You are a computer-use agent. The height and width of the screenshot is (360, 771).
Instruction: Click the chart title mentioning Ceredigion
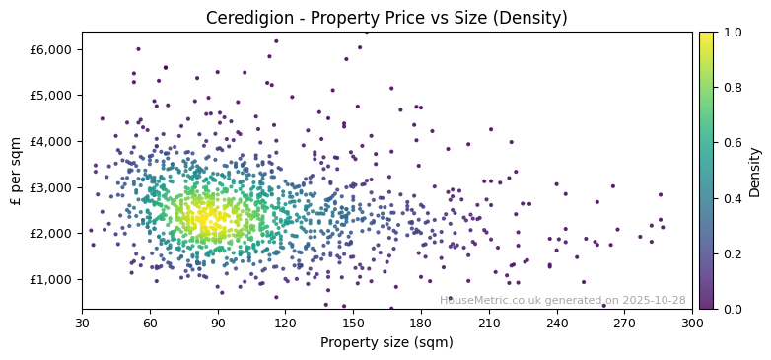386,18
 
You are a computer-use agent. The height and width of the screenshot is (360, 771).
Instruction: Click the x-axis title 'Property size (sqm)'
386,343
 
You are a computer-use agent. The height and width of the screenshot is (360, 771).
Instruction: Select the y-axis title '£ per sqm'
17,171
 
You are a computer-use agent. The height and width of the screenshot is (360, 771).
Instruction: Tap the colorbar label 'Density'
754,171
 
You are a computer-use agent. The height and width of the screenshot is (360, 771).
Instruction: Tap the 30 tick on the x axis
82,323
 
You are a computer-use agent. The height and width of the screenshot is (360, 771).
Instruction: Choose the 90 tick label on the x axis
218,323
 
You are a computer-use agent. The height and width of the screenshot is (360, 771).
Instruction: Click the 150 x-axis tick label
353,323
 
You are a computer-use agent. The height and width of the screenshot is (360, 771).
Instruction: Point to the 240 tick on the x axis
557,323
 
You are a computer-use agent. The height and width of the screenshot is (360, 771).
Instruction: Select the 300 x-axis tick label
692,323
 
